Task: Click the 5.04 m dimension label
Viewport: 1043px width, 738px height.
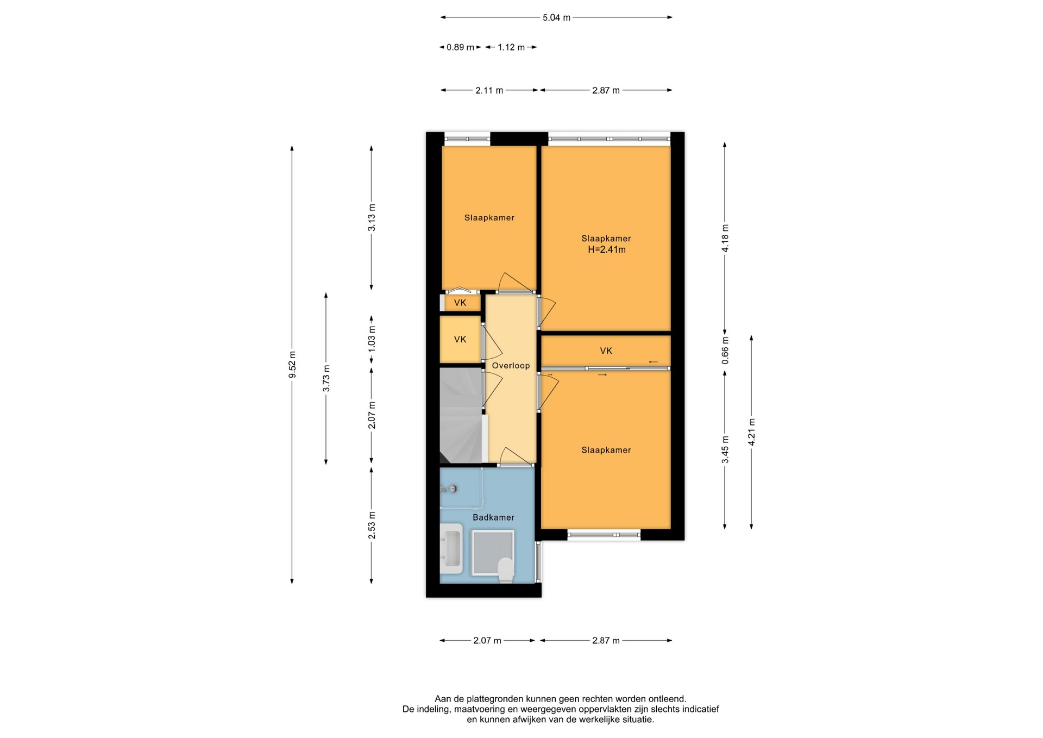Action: (x=556, y=17)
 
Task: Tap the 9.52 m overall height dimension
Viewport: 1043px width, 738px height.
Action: (x=292, y=364)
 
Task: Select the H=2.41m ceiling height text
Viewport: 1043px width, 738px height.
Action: (x=607, y=250)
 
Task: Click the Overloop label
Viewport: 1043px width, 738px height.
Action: (x=511, y=366)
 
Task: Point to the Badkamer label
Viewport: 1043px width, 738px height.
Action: (x=493, y=517)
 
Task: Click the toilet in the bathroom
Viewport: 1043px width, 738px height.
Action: (x=506, y=570)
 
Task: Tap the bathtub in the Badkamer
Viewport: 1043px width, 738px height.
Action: (x=451, y=549)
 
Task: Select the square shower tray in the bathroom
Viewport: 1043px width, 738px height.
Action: (x=492, y=553)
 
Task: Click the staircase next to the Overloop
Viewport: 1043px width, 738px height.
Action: (x=461, y=416)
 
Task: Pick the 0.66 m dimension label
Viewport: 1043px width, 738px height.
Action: (x=725, y=351)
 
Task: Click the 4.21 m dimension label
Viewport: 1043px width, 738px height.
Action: (x=751, y=432)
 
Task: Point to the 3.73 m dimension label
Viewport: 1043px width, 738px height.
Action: (x=326, y=378)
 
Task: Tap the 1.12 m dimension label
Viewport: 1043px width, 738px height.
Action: (x=511, y=47)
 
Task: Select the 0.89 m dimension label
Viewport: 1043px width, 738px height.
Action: (x=460, y=47)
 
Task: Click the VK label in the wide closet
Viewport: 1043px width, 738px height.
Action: (x=606, y=351)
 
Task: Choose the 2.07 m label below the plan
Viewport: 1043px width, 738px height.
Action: (x=487, y=641)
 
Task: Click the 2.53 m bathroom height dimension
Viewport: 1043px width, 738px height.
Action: (x=372, y=526)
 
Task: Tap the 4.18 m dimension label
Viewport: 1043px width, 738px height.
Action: (x=725, y=238)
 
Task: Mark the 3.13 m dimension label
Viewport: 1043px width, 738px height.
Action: (x=372, y=217)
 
